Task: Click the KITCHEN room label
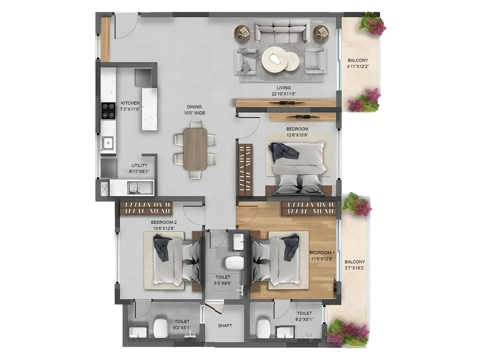[x=130, y=103]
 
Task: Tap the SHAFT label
[x=225, y=326]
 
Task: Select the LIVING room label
[x=283, y=88]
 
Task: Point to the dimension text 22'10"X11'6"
[x=283, y=94]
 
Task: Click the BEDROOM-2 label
[x=164, y=222]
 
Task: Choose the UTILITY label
[x=139, y=166]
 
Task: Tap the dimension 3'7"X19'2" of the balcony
[x=354, y=268]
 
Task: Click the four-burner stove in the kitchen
[x=108, y=111]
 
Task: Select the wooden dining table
[x=195, y=149]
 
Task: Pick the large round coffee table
[x=275, y=59]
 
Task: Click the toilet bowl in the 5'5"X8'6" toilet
[x=234, y=263]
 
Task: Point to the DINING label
[x=194, y=107]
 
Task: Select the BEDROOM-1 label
[x=322, y=253]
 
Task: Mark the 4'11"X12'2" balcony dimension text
[x=358, y=66]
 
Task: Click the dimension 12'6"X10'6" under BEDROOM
[x=297, y=135]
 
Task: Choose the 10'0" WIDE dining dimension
[x=194, y=113]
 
